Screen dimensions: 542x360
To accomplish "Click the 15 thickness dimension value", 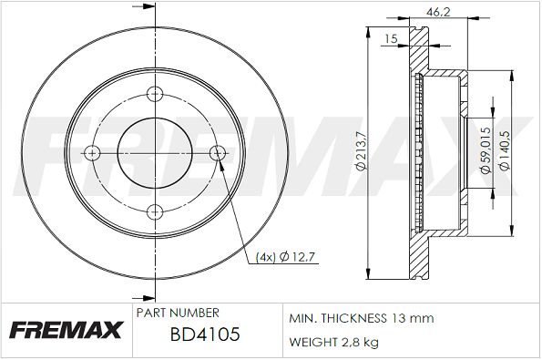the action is [391, 38].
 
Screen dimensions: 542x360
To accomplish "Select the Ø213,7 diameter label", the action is [361, 150].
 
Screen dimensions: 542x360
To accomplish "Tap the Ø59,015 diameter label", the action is [486, 150].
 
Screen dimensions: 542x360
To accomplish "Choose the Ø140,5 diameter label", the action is [505, 150].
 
